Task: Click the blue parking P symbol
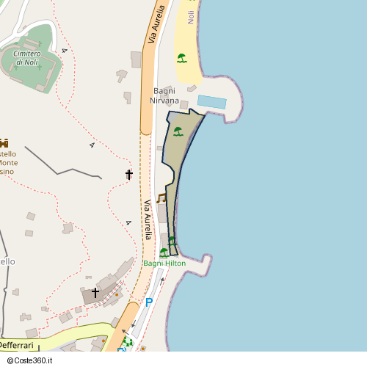pos(149,302)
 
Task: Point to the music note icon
pos(161,197)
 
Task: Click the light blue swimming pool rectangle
pos(212,102)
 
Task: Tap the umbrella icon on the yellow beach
pos(181,58)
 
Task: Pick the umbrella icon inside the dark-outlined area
pos(178,132)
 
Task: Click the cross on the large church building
pos(95,293)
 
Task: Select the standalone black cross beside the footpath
pos(129,175)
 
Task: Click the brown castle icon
pos(4,142)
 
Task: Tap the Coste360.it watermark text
pos(32,360)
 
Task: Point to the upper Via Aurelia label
pos(156,24)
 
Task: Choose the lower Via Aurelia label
pos(147,219)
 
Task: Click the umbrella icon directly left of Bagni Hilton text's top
pos(163,252)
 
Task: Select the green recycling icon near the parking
pos(128,342)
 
